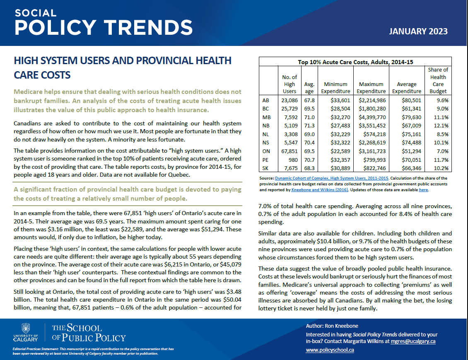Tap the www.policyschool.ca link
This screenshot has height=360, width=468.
330,350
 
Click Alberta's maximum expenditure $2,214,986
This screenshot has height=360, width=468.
372,100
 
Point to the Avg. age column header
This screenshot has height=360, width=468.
309,88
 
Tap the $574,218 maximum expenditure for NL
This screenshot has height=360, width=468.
374,134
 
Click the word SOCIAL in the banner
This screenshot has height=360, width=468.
36,13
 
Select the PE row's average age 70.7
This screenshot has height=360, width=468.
309,160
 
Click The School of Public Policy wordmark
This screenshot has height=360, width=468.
88,333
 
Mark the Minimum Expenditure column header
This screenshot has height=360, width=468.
336,88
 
